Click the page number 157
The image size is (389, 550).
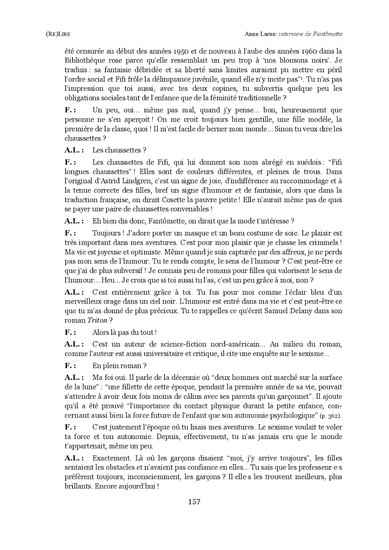(194, 502)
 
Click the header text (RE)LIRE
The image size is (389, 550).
(55, 34)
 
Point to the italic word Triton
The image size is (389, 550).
(98, 320)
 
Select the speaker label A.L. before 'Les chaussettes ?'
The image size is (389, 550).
(74, 150)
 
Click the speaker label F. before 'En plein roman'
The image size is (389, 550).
(70, 366)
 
